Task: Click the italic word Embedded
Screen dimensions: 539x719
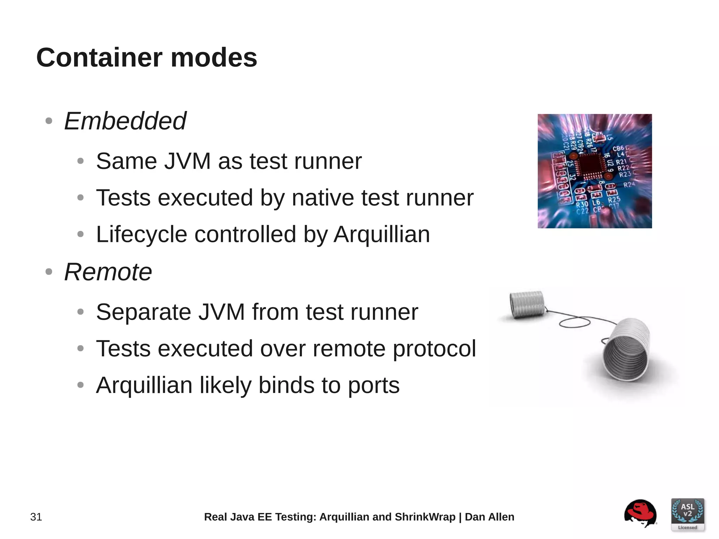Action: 125,121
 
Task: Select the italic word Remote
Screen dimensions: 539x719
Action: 108,272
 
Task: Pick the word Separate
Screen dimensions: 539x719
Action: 143,312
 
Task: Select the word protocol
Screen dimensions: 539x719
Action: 434,349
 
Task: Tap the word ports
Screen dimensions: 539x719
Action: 374,385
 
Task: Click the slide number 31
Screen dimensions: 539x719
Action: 36,517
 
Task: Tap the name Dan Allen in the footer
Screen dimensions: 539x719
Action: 489,517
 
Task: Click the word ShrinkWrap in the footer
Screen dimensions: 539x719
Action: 425,517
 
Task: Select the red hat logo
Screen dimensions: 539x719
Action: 640,513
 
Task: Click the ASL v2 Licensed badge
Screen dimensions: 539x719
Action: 687,514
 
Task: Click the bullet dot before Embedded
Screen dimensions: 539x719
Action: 49,121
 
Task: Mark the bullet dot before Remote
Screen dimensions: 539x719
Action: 49,272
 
